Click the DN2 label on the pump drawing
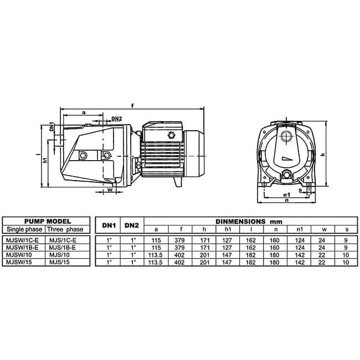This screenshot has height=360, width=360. pyautogui.click(x=117, y=119)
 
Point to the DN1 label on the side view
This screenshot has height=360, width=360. pyautogui.click(x=52, y=127)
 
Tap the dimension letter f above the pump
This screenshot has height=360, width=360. pyautogui.click(x=132, y=106)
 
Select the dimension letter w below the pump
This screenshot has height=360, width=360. pyautogui.click(x=110, y=189)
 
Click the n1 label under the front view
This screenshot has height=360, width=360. pyautogui.click(x=286, y=195)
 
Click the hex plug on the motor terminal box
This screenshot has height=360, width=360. pyautogui.click(x=171, y=135)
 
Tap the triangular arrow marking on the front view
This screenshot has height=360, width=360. pyautogui.click(x=287, y=159)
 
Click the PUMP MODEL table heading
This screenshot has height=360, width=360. pyautogui.click(x=48, y=222)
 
